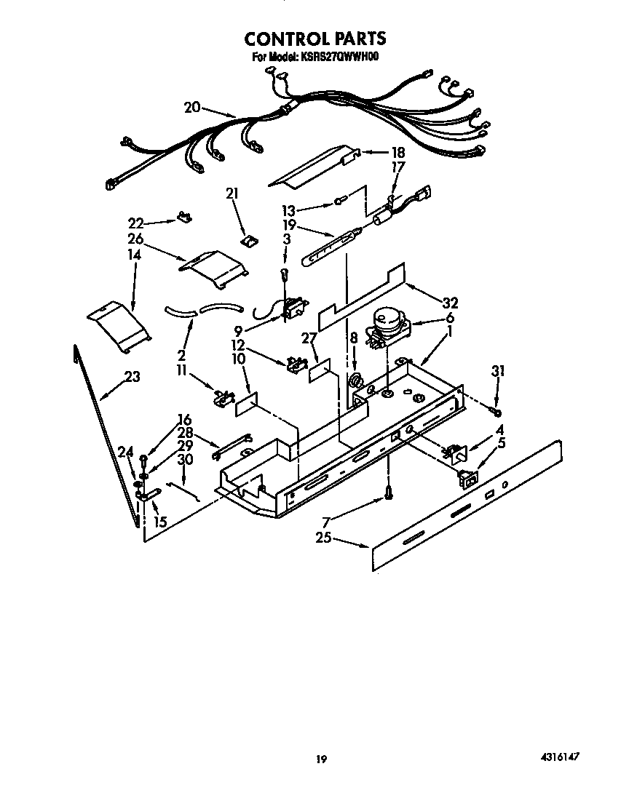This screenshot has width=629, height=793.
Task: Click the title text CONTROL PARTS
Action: [x=314, y=38]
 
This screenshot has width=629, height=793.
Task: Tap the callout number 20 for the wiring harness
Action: [x=191, y=108]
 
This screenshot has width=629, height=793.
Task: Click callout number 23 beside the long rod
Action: [x=132, y=377]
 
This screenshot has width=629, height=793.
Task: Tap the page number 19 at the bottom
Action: [x=320, y=760]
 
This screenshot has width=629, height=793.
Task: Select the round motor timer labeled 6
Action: [x=387, y=322]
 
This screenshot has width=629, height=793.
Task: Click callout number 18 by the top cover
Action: [x=397, y=154]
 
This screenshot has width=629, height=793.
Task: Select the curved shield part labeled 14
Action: [x=118, y=324]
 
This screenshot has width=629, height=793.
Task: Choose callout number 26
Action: [x=135, y=239]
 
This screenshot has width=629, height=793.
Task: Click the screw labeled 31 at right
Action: [x=495, y=413]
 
